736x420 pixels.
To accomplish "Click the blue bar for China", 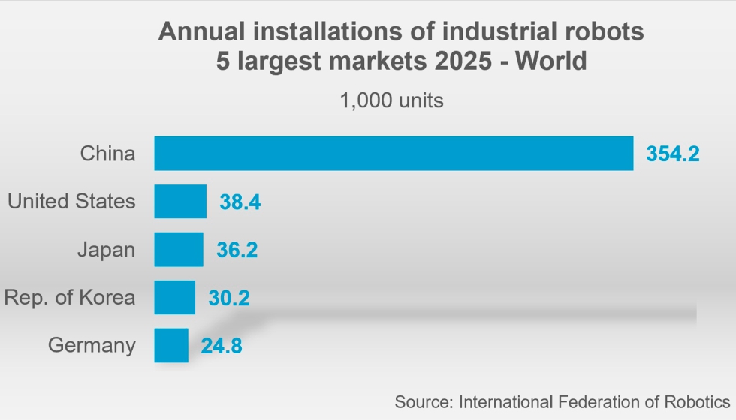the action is [x=394, y=153].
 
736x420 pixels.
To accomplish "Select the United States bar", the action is [x=180, y=202].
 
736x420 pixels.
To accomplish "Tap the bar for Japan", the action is [x=179, y=249].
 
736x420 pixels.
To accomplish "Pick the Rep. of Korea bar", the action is [x=174, y=297].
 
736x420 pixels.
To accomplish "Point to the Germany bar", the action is [x=171, y=345].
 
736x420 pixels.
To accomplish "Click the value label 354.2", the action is [x=673, y=154].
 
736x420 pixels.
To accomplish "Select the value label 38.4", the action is [x=240, y=202].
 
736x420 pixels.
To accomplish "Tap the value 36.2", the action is [x=237, y=250].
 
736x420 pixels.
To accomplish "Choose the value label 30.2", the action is [x=229, y=298].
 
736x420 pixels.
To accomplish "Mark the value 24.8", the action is [x=222, y=346].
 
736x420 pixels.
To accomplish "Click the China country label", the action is [x=107, y=153].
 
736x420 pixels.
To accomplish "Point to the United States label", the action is [x=71, y=201].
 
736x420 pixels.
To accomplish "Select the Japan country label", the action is [x=107, y=250].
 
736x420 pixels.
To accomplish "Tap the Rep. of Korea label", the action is [x=69, y=297].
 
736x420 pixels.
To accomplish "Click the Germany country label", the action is [x=92, y=346].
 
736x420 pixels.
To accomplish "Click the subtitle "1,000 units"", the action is [x=391, y=100].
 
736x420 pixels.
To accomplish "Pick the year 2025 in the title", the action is [x=463, y=61].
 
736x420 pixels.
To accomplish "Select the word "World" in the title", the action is [x=551, y=61].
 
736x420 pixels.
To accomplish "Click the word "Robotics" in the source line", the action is [x=697, y=402].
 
